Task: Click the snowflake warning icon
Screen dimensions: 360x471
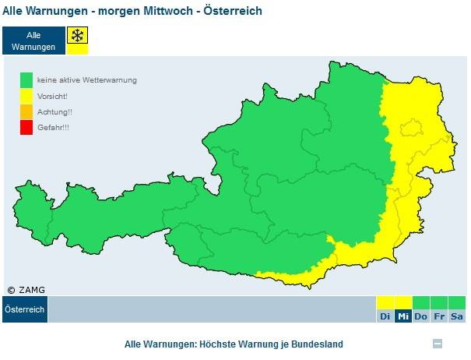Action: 77,37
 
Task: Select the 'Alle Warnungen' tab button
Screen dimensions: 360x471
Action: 33,41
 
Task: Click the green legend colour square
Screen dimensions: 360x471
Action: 26,79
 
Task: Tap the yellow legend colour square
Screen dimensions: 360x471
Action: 26,95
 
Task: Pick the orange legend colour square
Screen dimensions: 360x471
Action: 26,111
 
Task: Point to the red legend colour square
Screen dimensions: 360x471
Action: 26,126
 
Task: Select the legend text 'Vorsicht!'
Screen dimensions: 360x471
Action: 52,96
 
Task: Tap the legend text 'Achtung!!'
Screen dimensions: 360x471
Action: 53,111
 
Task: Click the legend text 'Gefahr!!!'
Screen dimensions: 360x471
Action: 53,127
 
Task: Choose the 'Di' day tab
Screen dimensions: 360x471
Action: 385,316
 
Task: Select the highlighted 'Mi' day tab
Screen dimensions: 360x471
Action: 403,316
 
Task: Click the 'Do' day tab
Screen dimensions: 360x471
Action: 421,316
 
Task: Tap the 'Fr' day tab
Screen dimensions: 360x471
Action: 439,316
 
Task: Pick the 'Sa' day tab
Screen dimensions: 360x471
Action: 457,316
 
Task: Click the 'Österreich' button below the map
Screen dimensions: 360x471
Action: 25,309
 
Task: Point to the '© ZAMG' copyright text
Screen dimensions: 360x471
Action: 26,290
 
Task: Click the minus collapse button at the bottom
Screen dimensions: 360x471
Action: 438,344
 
